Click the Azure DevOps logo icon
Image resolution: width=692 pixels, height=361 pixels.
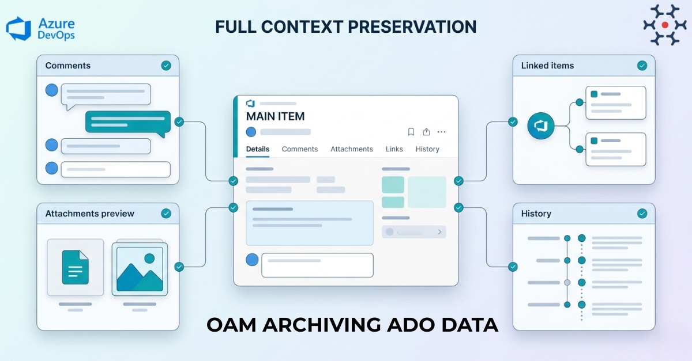[x=18, y=28]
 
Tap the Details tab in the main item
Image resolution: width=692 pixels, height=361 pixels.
[x=258, y=149]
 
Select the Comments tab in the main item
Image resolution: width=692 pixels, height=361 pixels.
[x=300, y=149]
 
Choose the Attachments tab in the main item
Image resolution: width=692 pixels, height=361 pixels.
[x=352, y=149]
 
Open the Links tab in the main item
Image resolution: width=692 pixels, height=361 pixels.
[x=394, y=149]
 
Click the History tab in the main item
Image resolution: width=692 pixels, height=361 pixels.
[x=427, y=149]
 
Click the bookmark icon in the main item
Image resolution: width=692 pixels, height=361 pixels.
[x=411, y=132]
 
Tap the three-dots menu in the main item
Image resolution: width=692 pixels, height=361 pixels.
[x=442, y=132]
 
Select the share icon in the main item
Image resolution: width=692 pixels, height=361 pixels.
[x=427, y=132]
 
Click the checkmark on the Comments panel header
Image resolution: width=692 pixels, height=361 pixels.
[x=166, y=66]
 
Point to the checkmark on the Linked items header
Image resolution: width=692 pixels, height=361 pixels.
[x=642, y=66]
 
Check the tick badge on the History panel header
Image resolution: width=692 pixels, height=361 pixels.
[x=642, y=214]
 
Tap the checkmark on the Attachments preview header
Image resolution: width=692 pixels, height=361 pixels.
[x=166, y=214]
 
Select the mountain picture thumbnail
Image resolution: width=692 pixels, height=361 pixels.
[x=140, y=268]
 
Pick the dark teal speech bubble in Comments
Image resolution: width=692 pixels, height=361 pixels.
[x=128, y=122]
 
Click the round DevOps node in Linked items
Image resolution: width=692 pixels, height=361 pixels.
[x=541, y=126]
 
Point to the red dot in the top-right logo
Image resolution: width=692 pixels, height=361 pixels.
[x=665, y=25]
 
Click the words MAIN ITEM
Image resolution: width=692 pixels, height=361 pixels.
[x=275, y=116]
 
